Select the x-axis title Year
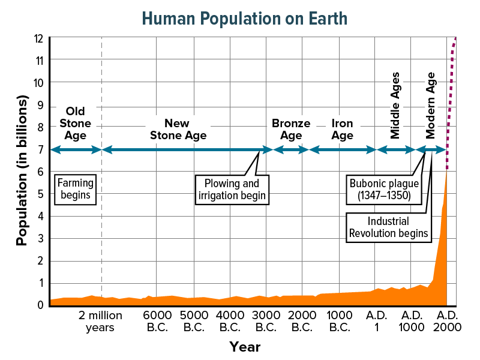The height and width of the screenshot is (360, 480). point(244,347)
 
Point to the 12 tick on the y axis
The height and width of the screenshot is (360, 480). point(39,38)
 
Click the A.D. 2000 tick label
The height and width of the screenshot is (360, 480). point(448,321)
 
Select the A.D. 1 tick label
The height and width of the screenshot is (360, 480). point(377,321)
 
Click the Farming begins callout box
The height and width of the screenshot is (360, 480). point(75,188)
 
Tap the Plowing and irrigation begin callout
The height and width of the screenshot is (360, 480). point(232,189)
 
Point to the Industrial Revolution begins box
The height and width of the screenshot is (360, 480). point(389,227)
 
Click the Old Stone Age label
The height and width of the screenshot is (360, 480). point(75,123)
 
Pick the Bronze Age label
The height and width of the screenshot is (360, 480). point(291,129)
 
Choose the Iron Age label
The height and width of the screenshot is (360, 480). point(342,129)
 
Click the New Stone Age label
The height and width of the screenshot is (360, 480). point(178,129)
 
